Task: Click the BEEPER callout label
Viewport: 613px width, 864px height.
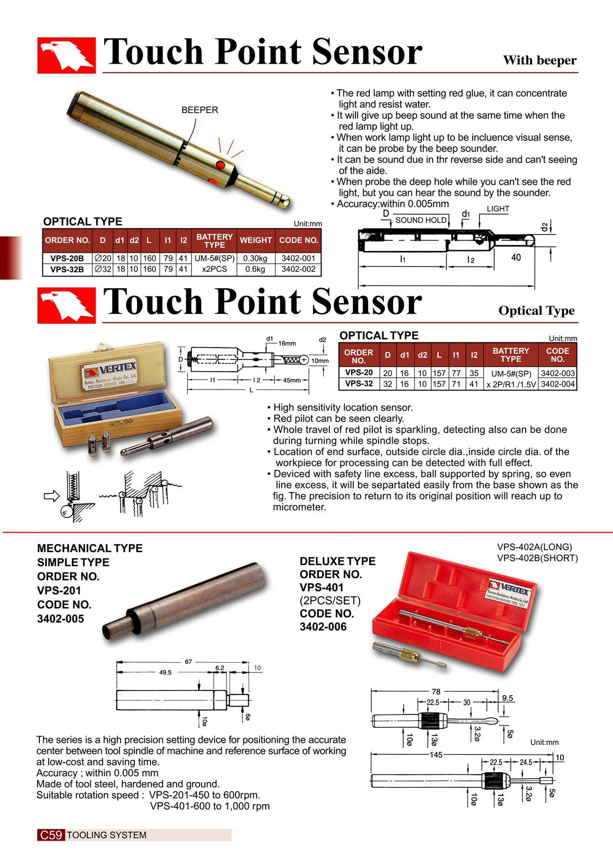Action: pos(200,110)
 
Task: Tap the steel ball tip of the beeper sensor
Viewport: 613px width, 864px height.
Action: pos(285,200)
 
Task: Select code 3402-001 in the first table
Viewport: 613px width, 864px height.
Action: pos(298,258)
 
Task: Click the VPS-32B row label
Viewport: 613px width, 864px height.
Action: pos(67,269)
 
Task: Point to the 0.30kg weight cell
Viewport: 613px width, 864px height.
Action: pos(255,258)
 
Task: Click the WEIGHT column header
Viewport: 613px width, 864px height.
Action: pos(256,240)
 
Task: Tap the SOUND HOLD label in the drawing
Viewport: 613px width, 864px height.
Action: pos(421,220)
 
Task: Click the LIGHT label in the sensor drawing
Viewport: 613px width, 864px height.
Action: pos(498,209)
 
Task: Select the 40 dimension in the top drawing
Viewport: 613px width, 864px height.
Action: pos(516,257)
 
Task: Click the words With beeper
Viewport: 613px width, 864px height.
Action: pos(539,60)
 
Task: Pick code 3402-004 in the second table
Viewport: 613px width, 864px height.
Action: pos(558,384)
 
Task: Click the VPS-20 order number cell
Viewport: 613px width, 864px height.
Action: pos(359,373)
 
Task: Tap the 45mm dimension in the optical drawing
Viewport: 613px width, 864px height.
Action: pos(291,380)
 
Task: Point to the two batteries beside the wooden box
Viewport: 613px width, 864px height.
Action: pos(99,442)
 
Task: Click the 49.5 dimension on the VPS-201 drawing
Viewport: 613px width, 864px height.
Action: pos(165,672)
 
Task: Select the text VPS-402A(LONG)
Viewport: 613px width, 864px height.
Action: pos(534,547)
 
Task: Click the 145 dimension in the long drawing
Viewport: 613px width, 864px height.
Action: pos(436,754)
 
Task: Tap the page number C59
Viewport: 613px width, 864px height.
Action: pos(51,835)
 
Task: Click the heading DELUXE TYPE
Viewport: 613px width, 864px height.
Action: pos(337,561)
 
